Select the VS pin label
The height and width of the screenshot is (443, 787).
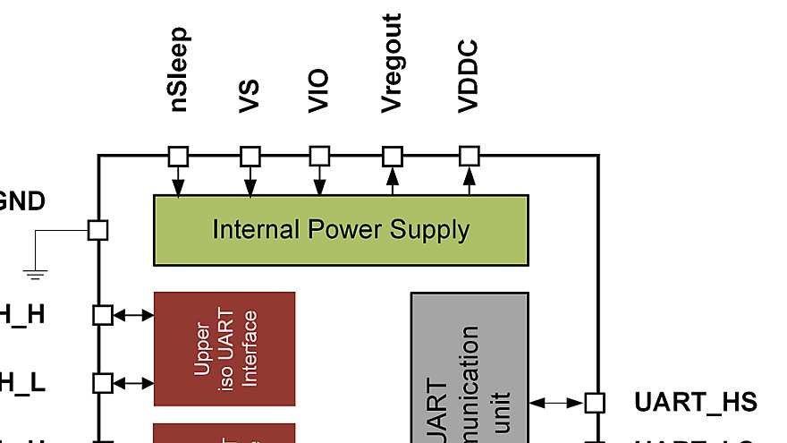(x=250, y=96)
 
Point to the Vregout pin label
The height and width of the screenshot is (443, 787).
(x=391, y=64)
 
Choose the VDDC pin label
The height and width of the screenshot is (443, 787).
(x=469, y=77)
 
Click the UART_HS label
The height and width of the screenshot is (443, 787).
(x=695, y=402)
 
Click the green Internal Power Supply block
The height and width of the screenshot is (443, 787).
(x=341, y=230)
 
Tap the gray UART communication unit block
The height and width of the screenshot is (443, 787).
(x=470, y=367)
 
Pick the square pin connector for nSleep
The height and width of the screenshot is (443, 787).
(x=179, y=157)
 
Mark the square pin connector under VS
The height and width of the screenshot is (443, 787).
(x=250, y=157)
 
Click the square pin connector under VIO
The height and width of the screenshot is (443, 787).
(x=320, y=157)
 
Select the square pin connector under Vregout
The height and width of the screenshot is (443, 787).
(x=392, y=157)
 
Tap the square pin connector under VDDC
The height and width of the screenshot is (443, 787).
(x=470, y=157)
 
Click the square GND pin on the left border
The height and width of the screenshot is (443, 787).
(x=98, y=230)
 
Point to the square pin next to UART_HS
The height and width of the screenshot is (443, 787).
(x=595, y=403)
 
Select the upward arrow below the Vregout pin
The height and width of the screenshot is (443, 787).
(x=392, y=181)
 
